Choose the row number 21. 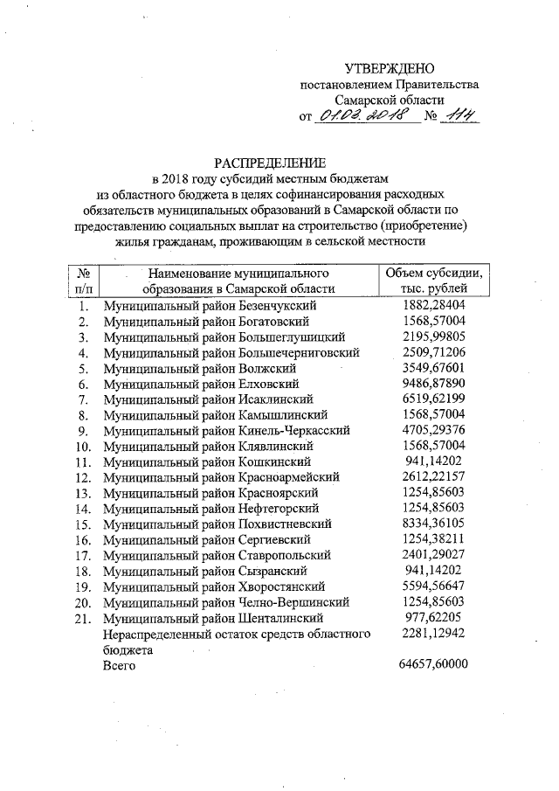tap(83, 617)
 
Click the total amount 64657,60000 tap(433, 663)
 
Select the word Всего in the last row tap(121, 665)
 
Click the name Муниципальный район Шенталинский tap(213, 617)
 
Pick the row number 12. tap(83, 477)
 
